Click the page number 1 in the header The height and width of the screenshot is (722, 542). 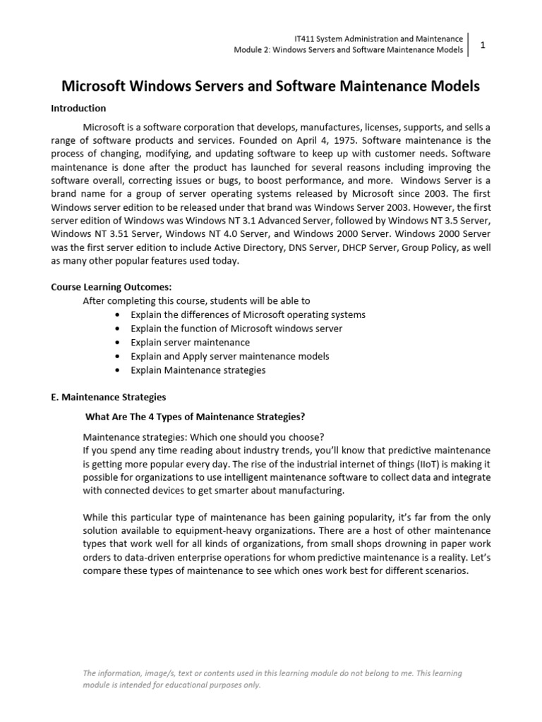[x=483, y=44]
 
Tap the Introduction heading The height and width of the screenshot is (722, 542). [x=78, y=109]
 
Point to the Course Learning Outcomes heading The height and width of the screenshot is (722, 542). [x=112, y=288]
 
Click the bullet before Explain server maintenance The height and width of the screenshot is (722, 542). [x=116, y=342]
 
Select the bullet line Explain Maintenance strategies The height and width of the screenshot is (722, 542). [x=198, y=369]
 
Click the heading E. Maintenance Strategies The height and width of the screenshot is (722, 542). [x=109, y=397]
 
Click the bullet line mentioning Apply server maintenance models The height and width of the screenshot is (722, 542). [x=229, y=356]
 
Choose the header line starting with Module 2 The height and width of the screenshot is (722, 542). [x=348, y=50]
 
